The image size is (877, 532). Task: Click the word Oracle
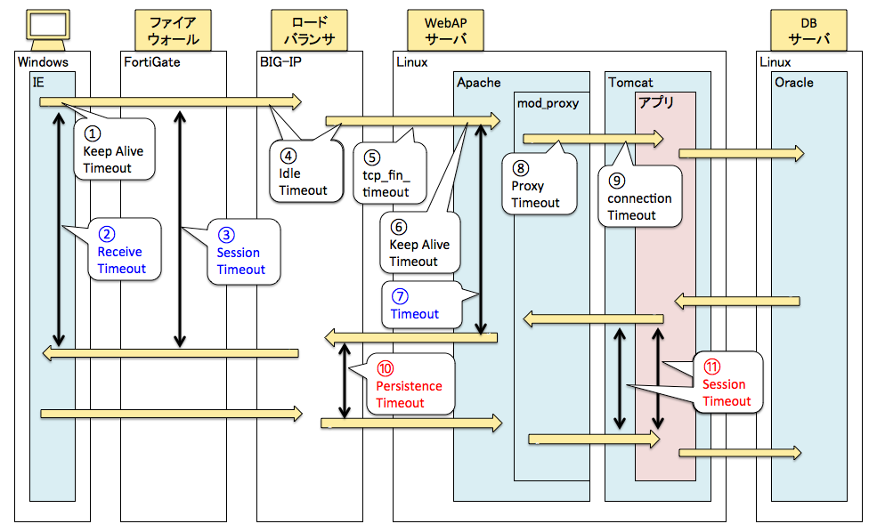[793, 83]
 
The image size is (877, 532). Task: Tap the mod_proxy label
[548, 103]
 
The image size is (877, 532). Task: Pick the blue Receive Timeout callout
[120, 252]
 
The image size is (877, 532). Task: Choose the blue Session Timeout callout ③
[241, 253]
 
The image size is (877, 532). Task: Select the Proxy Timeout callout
[535, 185]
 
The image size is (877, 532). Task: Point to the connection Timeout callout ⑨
[640, 197]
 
